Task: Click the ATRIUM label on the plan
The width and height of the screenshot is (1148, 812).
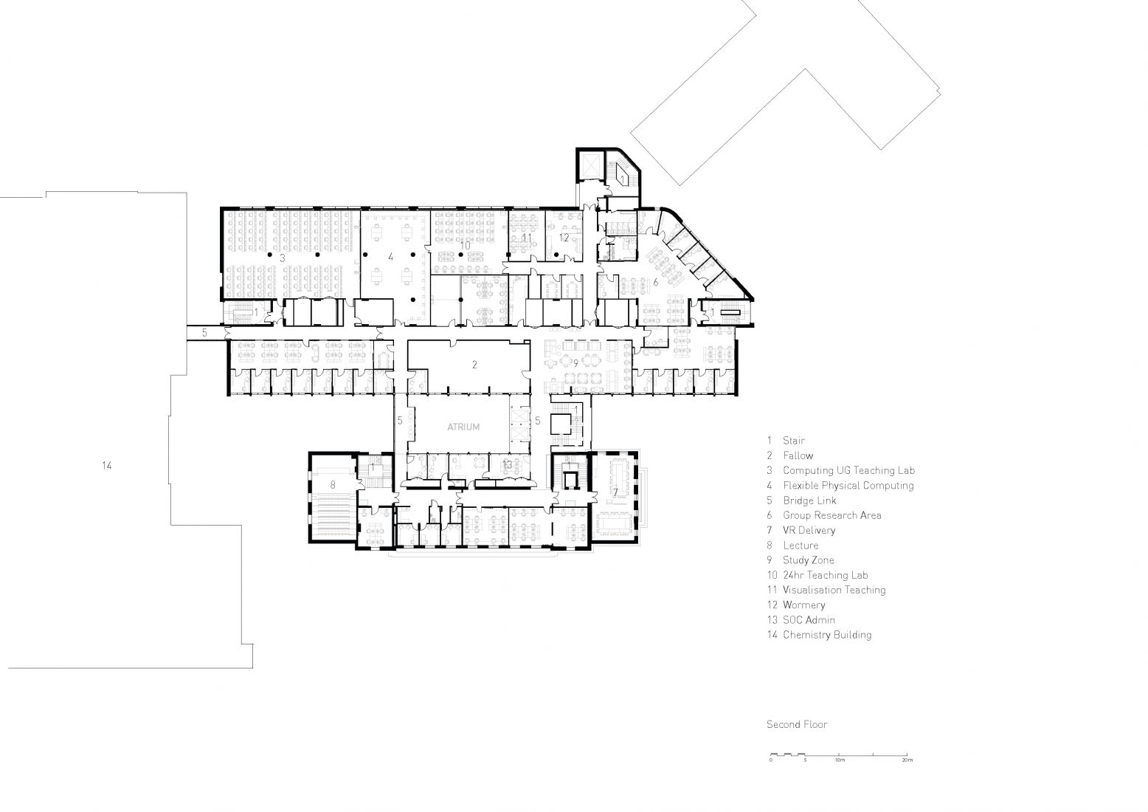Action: [x=463, y=427]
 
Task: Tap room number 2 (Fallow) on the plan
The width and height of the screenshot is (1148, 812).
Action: [x=475, y=365]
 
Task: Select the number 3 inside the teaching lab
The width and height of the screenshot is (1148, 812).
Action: [x=283, y=258]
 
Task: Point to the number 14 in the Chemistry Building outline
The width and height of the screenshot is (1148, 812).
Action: [x=107, y=466]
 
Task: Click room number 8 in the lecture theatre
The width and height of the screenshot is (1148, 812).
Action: [x=333, y=485]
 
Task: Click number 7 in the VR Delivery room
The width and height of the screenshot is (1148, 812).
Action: [x=615, y=492]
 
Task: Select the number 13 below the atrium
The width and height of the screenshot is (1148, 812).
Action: [x=507, y=464]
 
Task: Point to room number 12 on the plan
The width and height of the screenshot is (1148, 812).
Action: [x=564, y=238]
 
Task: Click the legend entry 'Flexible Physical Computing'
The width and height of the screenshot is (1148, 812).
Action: [x=848, y=486]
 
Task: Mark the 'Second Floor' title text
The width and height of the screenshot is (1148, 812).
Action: [x=796, y=724]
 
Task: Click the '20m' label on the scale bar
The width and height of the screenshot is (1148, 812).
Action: [x=907, y=760]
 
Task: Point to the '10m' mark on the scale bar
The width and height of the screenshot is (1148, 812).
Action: [x=840, y=760]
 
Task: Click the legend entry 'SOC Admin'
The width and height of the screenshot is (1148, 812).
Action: [x=809, y=620]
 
